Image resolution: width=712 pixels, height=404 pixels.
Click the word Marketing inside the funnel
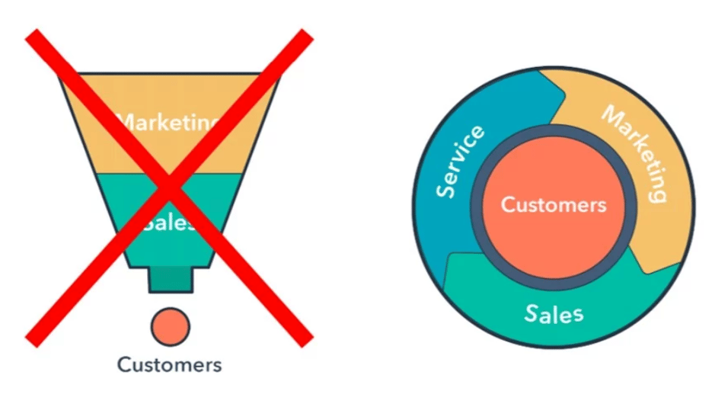170,122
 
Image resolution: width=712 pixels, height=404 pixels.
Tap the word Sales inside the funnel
170,223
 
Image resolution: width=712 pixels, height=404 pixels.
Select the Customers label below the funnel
169,364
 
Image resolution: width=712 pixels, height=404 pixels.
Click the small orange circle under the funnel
169,325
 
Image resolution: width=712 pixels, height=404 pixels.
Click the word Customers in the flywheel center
554,205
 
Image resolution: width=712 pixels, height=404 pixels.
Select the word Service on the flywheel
460,162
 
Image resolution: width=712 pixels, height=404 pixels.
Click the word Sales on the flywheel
554,313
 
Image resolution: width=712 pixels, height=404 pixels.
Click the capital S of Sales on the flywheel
531,313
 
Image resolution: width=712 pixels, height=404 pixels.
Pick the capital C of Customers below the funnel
123,364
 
